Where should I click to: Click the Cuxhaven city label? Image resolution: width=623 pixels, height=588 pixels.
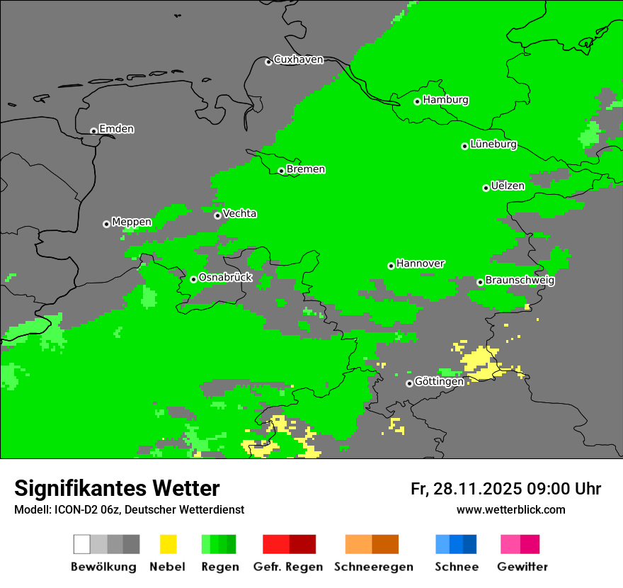click(298, 60)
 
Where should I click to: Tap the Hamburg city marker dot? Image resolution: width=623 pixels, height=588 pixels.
click(418, 101)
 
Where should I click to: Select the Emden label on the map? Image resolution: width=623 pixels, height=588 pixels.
click(116, 129)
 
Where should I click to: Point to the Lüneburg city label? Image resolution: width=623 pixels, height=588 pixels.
click(493, 145)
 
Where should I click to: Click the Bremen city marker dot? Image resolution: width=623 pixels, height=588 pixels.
click(281, 171)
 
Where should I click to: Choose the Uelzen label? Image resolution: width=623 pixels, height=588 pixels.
click(508, 186)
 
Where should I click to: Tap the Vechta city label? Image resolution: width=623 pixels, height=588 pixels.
click(239, 214)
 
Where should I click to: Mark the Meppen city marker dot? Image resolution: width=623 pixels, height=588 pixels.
click(106, 224)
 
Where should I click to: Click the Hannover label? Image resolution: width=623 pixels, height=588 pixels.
click(420, 264)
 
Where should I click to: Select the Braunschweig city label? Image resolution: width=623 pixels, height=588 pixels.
click(520, 281)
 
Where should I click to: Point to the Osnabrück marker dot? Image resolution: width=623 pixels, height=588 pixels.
click(193, 279)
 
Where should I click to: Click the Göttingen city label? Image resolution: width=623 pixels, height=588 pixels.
click(439, 382)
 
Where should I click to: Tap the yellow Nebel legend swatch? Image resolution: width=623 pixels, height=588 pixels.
click(168, 544)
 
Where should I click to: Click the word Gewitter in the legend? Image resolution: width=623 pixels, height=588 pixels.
click(522, 567)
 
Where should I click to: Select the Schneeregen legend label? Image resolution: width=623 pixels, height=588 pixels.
click(374, 567)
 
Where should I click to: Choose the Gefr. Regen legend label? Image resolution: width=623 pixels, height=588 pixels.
click(288, 567)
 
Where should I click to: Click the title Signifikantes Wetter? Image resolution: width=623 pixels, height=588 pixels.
click(117, 488)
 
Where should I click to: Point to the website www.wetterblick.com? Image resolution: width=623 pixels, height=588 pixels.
click(510, 509)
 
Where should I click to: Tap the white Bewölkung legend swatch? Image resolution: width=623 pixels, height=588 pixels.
click(82, 544)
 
